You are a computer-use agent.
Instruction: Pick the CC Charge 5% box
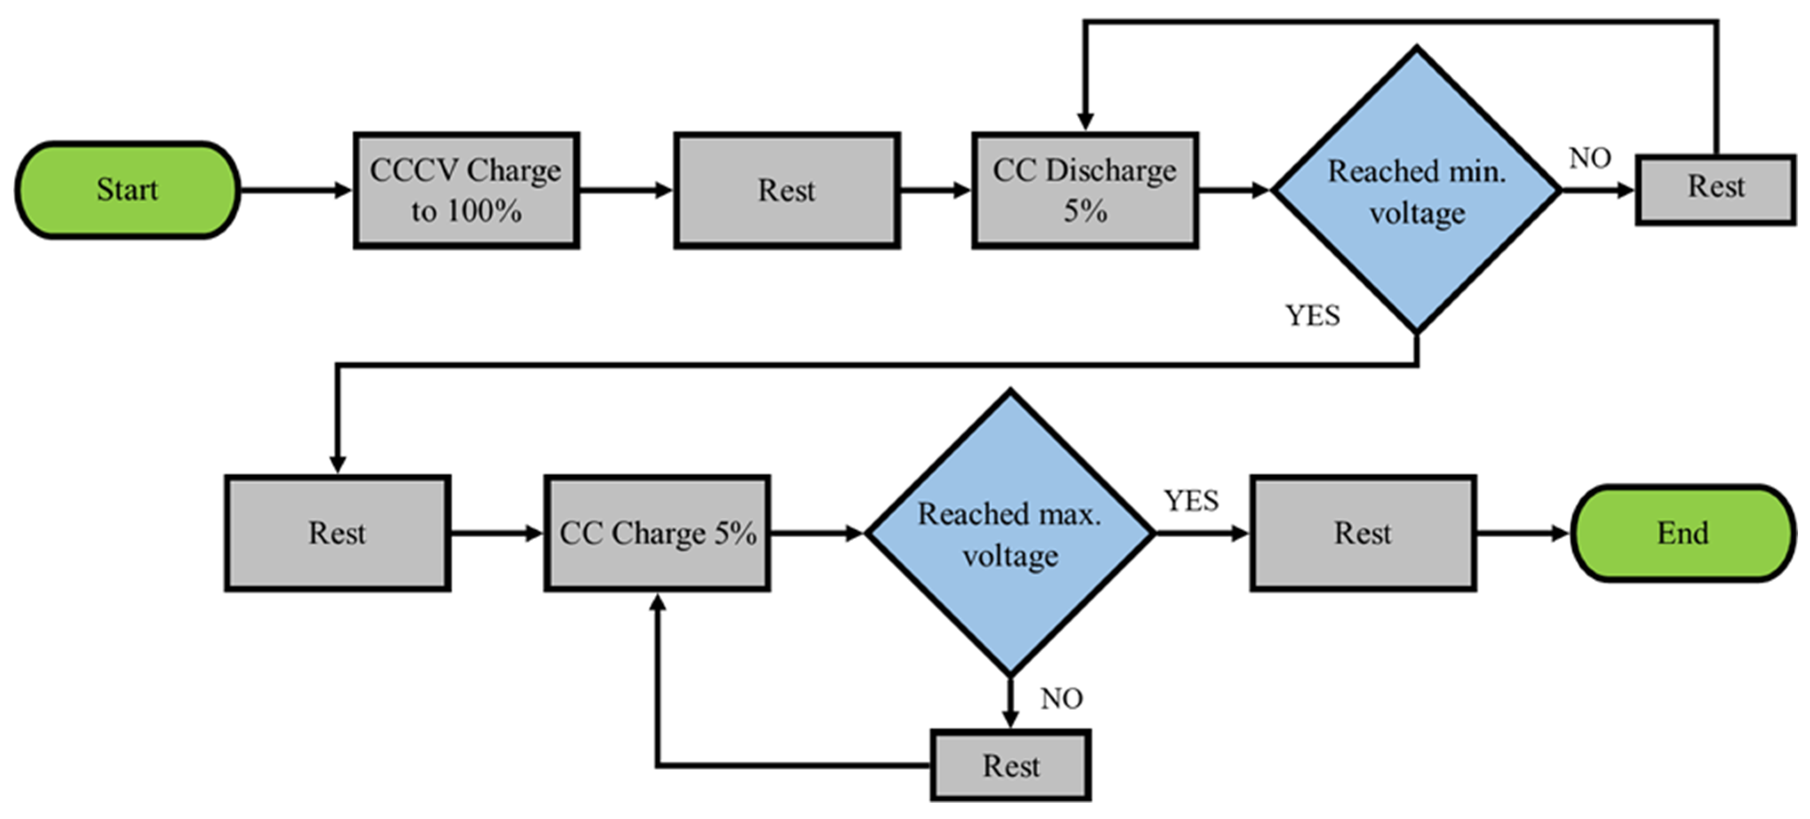[x=657, y=533]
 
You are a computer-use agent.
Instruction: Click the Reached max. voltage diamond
[x=1010, y=533]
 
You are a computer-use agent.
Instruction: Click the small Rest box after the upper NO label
[x=1715, y=188]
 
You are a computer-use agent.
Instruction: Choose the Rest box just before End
[x=1363, y=533]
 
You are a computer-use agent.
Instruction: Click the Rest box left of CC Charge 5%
[x=337, y=533]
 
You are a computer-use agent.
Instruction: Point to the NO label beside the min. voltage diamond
[x=1590, y=158]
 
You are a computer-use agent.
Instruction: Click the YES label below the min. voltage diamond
[x=1312, y=315]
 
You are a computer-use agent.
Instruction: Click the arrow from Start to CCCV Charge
[x=295, y=190]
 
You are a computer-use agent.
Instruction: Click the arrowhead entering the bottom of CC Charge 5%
[x=657, y=603]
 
